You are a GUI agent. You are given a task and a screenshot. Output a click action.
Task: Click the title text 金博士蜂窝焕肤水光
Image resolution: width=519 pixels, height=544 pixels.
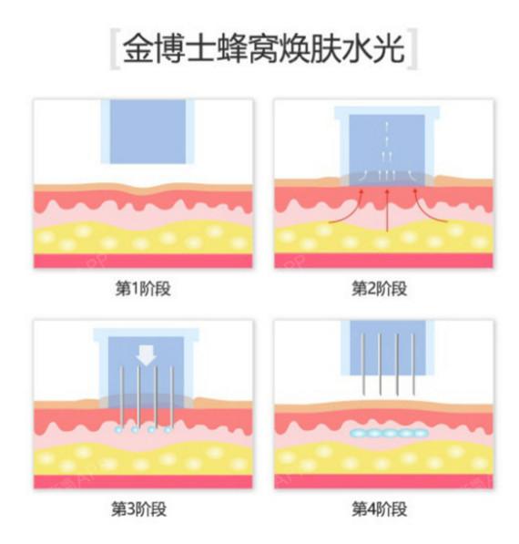[x=263, y=49]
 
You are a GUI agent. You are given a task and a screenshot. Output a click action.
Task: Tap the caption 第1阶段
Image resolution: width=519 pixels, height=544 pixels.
[x=143, y=289]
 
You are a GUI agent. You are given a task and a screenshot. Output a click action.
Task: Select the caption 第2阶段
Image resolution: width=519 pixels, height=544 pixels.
[x=380, y=289]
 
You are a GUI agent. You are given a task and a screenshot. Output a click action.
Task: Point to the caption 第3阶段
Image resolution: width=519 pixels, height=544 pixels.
[x=138, y=509]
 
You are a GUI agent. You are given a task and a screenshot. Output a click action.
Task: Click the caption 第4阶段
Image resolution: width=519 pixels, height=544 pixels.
[x=380, y=509]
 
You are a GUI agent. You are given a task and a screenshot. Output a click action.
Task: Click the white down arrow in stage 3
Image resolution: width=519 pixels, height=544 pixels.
[x=146, y=355]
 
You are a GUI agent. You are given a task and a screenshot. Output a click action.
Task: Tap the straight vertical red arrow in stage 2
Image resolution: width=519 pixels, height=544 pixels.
[x=388, y=210]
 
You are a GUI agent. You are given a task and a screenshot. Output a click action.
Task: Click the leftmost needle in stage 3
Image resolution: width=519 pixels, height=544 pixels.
[x=122, y=396]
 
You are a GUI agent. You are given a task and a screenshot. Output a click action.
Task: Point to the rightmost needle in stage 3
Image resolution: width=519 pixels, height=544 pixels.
[x=172, y=396]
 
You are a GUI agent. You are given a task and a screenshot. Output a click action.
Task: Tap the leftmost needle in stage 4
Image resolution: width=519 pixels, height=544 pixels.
[x=363, y=364]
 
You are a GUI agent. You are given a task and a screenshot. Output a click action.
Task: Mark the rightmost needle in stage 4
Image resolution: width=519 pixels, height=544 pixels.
[x=412, y=364]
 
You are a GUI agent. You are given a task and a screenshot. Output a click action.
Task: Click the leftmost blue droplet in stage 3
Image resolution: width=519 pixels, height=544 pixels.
[x=118, y=429]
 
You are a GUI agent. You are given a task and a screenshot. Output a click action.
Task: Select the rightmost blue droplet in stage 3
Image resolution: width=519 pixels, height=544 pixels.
[x=168, y=429]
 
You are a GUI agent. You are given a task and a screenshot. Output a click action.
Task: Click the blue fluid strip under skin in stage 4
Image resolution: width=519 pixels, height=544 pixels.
[x=389, y=433]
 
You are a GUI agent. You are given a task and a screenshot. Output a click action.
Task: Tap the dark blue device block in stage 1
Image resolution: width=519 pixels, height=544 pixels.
[x=148, y=131]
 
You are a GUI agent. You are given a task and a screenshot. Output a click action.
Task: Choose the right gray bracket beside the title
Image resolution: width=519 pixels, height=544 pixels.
[x=412, y=50]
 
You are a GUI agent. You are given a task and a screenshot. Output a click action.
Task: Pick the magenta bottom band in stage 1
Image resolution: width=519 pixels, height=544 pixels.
[x=143, y=261]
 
